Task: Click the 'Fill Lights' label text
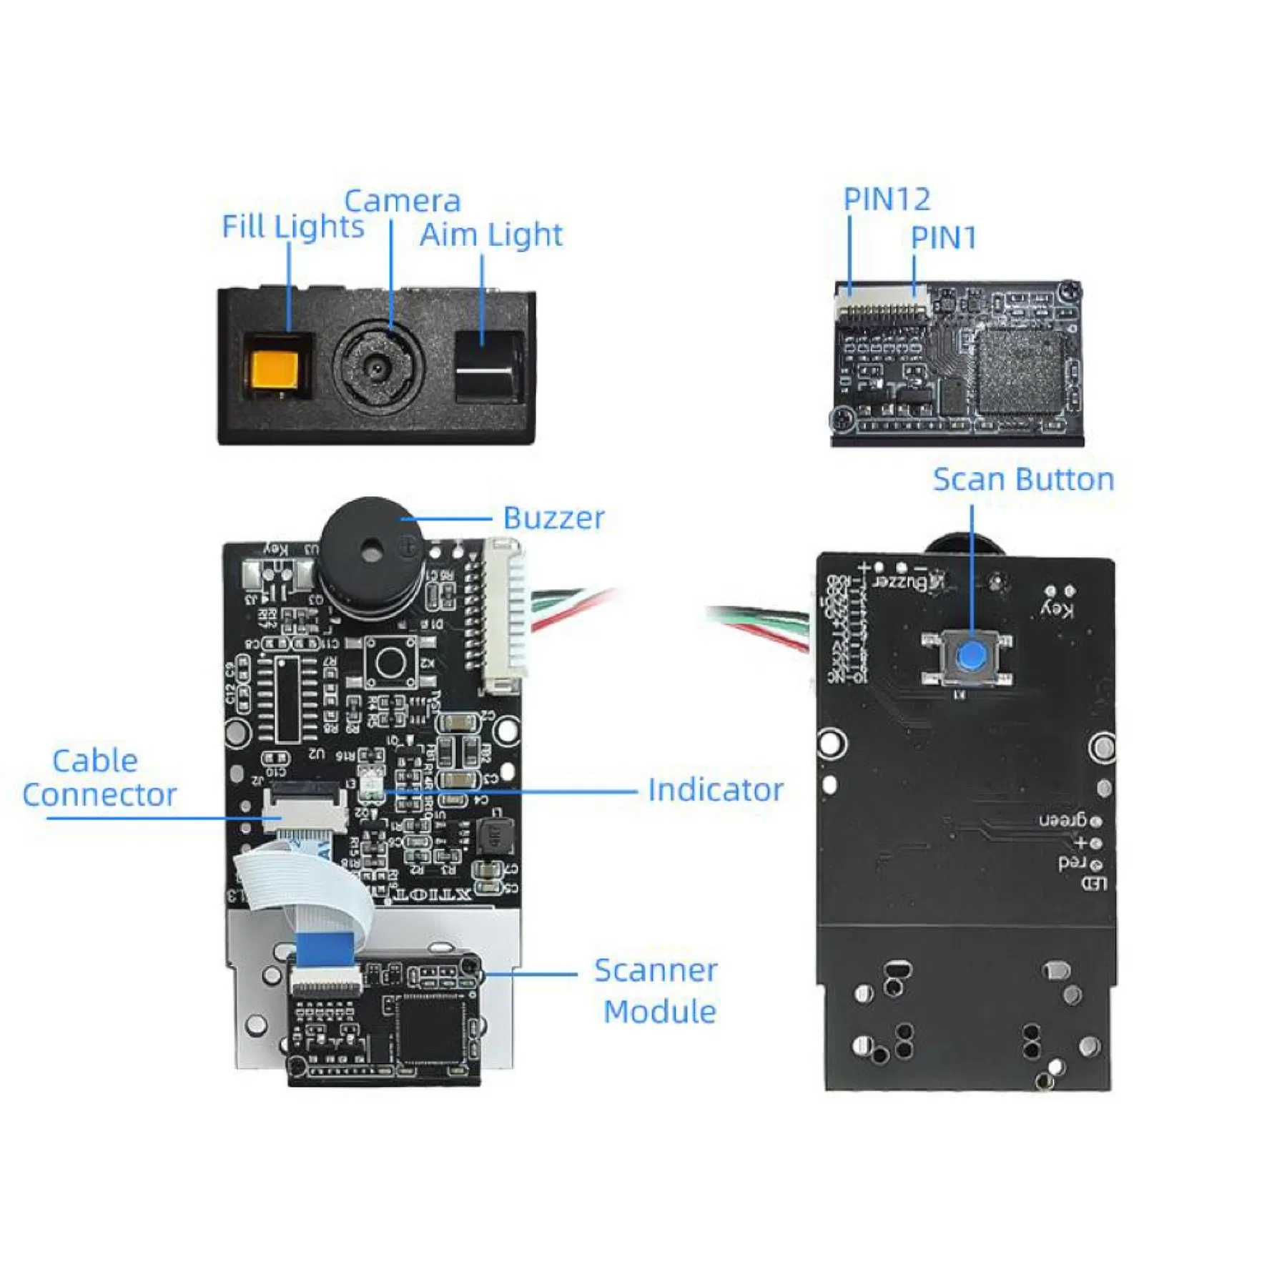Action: point(292,227)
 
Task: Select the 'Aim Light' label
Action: point(490,235)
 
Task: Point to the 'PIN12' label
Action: point(887,199)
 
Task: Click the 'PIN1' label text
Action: point(944,238)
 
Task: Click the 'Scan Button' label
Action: point(1023,480)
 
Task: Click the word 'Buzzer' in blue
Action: point(553,518)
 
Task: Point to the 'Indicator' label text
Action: point(715,790)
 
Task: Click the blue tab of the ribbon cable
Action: point(325,950)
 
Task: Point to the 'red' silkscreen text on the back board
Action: point(1072,862)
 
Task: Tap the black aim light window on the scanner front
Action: point(485,365)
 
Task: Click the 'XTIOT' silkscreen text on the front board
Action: point(434,894)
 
